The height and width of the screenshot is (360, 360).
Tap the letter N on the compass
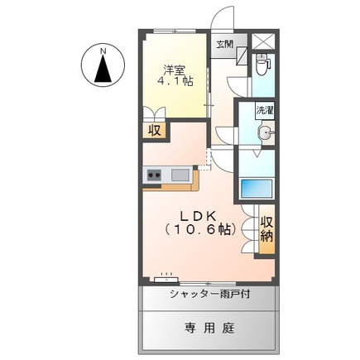(x=103, y=51)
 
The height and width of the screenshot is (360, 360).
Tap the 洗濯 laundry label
(x=264, y=110)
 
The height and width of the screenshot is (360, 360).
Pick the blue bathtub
(x=257, y=187)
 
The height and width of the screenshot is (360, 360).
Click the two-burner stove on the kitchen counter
(x=154, y=175)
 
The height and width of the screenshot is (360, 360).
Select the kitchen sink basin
(x=180, y=175)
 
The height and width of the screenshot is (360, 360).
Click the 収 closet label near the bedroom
(x=155, y=130)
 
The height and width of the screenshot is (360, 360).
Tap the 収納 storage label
(x=266, y=229)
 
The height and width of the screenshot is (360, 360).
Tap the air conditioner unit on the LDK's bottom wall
(x=168, y=274)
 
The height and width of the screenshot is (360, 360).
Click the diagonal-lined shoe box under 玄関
(x=242, y=56)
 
